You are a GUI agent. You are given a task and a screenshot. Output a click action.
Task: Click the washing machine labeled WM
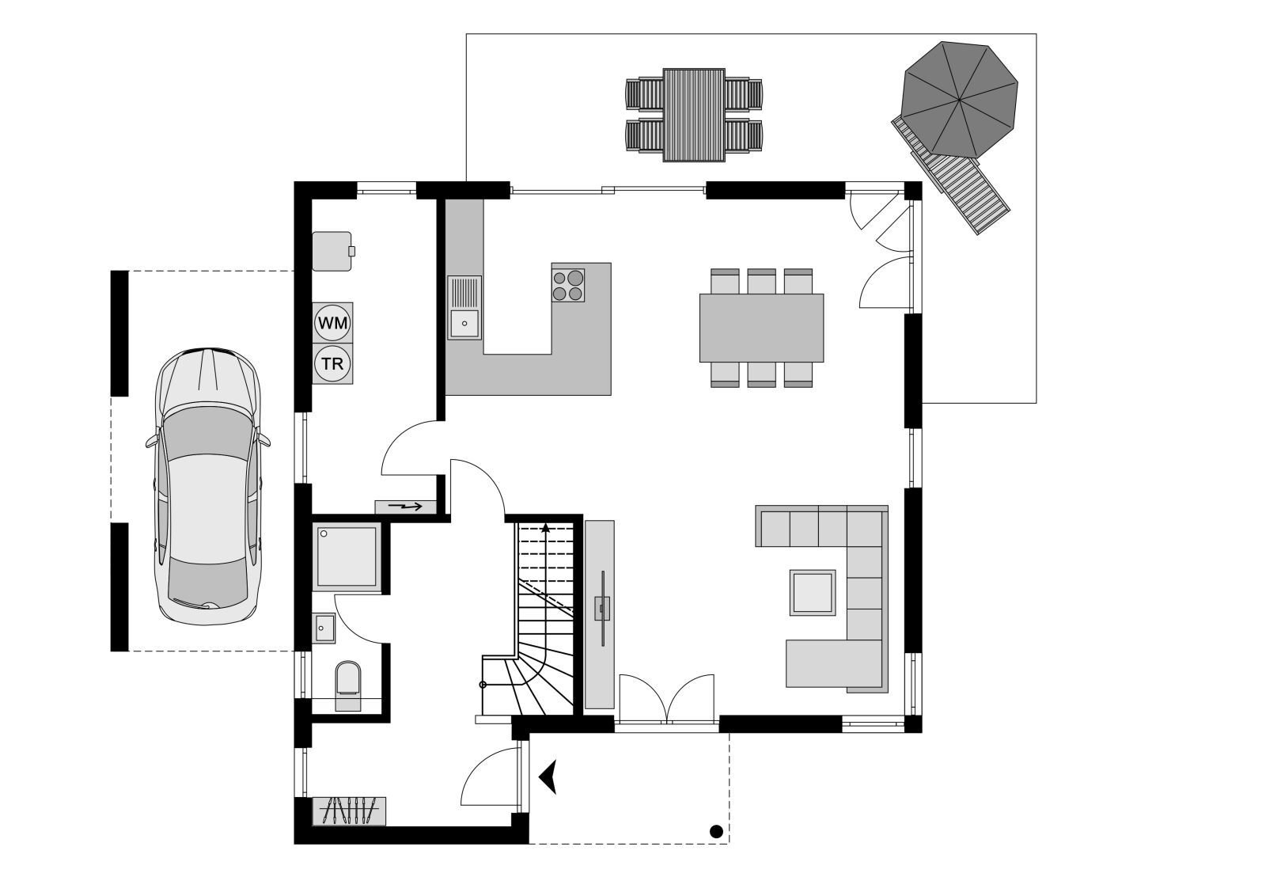(x=332, y=323)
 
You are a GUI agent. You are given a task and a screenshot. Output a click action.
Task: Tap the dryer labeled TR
(x=332, y=364)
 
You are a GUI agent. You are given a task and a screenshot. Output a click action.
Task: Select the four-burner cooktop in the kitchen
(x=569, y=285)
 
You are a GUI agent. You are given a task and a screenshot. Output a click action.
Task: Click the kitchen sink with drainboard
(x=464, y=307)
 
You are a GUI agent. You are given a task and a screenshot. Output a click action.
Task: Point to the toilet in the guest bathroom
(x=348, y=681)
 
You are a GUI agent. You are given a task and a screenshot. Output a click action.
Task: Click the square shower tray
(x=347, y=556)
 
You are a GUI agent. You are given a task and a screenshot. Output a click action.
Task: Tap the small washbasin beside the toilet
(x=324, y=628)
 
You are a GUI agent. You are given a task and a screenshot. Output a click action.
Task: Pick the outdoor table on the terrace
(x=694, y=115)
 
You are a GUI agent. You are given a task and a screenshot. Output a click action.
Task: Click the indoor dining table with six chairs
(x=761, y=328)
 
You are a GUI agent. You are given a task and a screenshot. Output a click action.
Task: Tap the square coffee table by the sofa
(x=813, y=592)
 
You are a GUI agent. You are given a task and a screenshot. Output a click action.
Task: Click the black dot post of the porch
(x=716, y=831)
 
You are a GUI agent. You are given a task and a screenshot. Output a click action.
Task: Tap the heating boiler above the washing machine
(x=332, y=251)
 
